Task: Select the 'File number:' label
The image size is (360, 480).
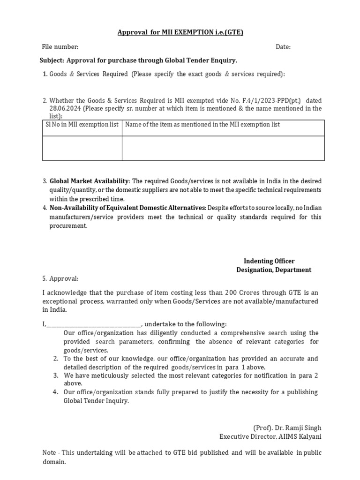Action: [60, 47]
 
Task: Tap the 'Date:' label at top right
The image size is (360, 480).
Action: [283, 47]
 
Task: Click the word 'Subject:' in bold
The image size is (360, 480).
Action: [52, 60]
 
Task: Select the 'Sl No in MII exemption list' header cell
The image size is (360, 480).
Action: [82, 125]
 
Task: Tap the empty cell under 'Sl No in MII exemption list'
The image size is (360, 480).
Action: [82, 148]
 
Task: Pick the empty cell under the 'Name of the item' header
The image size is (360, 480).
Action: [223, 148]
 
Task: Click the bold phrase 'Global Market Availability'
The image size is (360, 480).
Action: [89, 181]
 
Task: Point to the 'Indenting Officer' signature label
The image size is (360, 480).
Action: [269, 261]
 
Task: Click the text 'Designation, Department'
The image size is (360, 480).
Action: [273, 270]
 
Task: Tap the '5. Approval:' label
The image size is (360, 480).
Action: [60, 278]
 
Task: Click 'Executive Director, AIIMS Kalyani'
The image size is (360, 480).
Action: [270, 437]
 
